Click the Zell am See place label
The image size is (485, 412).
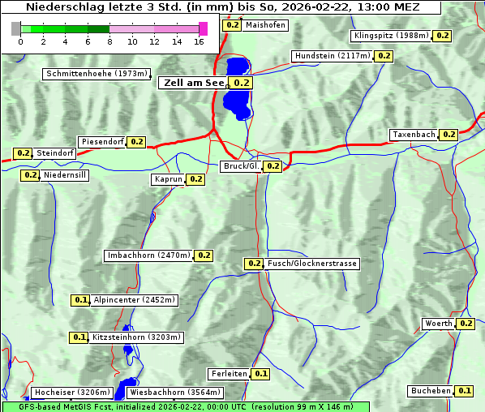(195, 83)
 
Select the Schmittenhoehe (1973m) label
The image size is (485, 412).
(97, 74)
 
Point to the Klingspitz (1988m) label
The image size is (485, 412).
(391, 36)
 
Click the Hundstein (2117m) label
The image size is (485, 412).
(333, 56)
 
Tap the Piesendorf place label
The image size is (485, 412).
(102, 142)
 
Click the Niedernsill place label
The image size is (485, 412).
(65, 174)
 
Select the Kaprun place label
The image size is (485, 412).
(169, 179)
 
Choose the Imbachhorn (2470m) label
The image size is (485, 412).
(149, 255)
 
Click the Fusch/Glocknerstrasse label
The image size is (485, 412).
(311, 264)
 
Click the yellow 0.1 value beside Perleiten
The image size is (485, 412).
(260, 374)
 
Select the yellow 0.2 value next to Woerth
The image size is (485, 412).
(466, 324)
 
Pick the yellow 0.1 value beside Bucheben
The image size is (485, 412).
(464, 391)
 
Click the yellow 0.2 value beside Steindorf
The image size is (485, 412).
(23, 153)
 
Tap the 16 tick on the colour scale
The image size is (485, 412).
(199, 41)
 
